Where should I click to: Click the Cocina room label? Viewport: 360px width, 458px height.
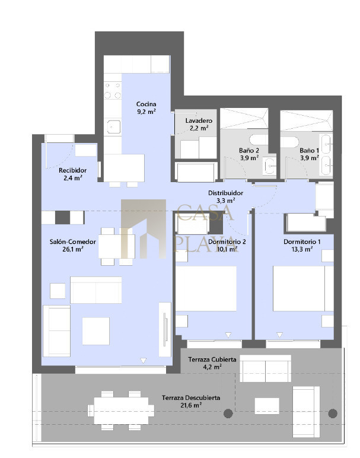coord(146,107)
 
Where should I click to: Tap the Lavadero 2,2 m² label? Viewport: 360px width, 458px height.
coord(199,124)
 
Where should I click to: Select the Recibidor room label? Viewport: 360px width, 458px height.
coord(73,174)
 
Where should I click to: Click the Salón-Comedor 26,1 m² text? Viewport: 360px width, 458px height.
coord(73,246)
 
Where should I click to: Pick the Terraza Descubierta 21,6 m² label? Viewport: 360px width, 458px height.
coord(191,401)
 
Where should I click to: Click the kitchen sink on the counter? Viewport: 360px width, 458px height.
coord(113,127)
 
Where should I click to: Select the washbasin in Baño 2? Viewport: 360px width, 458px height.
coord(270,167)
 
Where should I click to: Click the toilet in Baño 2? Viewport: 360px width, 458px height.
coord(259,139)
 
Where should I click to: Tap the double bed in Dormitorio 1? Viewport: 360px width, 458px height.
coord(303,288)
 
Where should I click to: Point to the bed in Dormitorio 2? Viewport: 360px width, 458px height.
coord(206,288)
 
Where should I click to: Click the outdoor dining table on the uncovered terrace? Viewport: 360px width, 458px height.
coord(121,411)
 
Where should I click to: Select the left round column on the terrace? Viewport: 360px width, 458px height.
coord(228,414)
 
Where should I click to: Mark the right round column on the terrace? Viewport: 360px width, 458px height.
coord(333,414)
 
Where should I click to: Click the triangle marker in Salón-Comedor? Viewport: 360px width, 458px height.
coord(143,361)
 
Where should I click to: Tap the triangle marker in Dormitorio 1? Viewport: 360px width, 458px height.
coord(279,335)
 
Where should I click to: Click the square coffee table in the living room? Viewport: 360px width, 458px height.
coord(95,331)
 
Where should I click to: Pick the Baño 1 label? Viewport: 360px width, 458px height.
coord(309,154)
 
